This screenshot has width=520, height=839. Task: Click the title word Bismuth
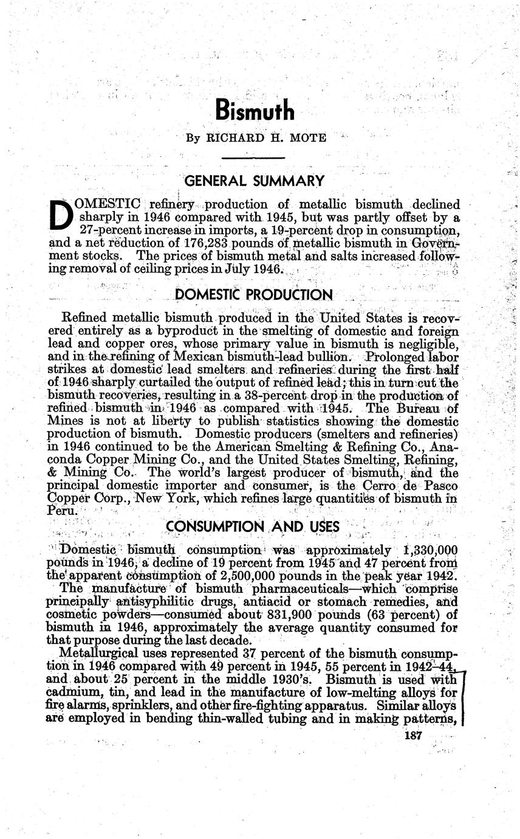click(255, 111)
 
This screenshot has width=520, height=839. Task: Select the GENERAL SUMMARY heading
click(254, 181)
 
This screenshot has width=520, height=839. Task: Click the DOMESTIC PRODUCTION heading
click(253, 295)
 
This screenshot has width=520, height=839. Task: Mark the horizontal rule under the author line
click(254, 158)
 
